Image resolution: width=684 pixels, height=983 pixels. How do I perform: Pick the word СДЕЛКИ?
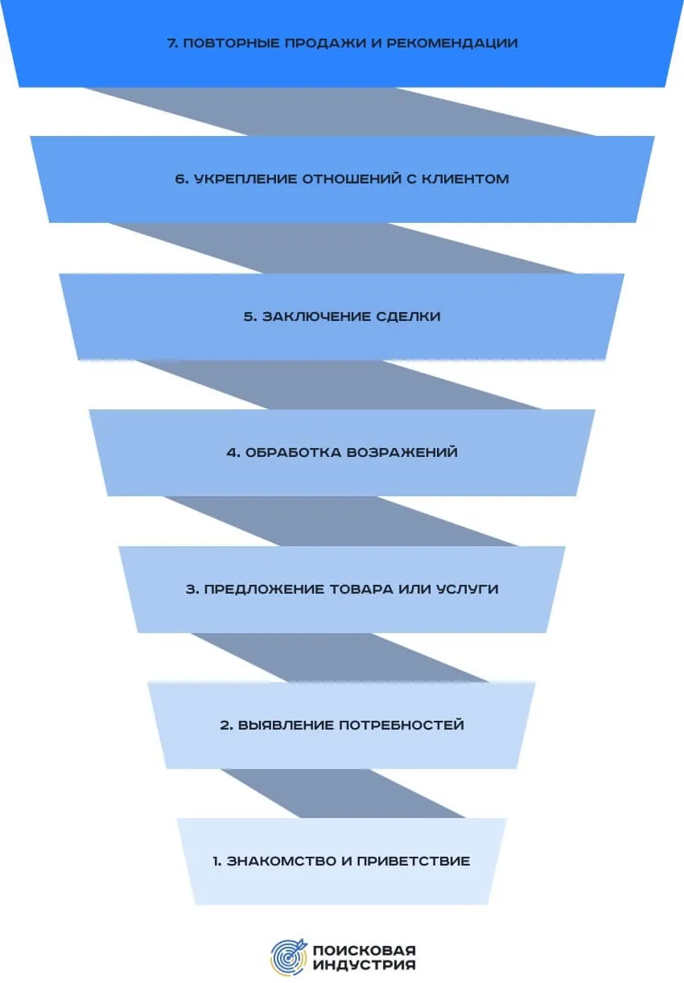[408, 316]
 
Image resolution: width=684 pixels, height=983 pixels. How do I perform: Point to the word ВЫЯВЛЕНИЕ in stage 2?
[278, 725]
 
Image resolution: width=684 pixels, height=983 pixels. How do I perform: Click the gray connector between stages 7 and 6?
[342, 112]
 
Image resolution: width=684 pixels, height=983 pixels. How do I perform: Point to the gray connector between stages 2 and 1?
[342, 793]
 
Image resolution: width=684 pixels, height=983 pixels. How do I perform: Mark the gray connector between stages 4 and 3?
[342, 521]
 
